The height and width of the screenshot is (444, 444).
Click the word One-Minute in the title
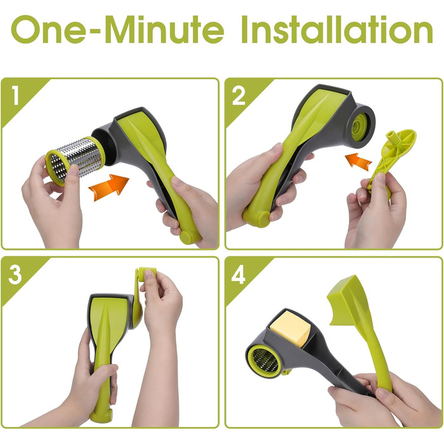117,29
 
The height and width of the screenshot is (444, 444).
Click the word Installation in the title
337,29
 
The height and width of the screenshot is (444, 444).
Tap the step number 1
15,96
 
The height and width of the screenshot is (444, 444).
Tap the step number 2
238,96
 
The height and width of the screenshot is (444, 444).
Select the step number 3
15,274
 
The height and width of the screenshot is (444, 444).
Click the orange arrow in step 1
108,187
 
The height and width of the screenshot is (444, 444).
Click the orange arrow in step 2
358,162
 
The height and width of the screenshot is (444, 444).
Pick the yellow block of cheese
291,330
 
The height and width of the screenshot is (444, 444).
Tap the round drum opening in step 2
360,126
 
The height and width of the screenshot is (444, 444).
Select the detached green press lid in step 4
359,325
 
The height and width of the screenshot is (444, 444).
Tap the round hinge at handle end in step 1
187,237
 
